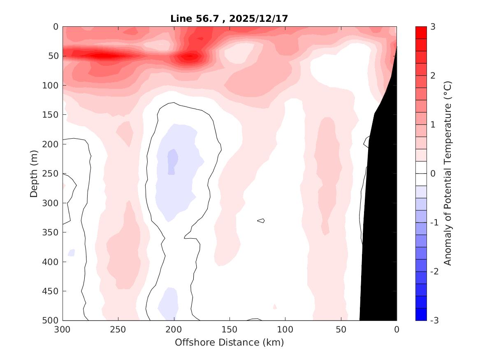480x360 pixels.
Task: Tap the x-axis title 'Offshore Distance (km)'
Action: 230,342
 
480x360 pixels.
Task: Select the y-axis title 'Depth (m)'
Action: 34,173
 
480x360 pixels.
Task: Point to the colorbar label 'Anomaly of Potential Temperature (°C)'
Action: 448,173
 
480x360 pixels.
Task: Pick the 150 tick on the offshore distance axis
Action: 230,330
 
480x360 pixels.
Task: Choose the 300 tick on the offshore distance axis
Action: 63,330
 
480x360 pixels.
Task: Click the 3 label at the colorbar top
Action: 433,27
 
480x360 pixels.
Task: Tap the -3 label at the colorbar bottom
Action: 434,321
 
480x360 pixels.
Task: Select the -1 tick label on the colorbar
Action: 434,223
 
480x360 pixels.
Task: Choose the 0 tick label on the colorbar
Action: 433,174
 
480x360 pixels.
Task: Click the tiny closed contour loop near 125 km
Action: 261,221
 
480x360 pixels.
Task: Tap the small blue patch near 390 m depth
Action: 72,252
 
